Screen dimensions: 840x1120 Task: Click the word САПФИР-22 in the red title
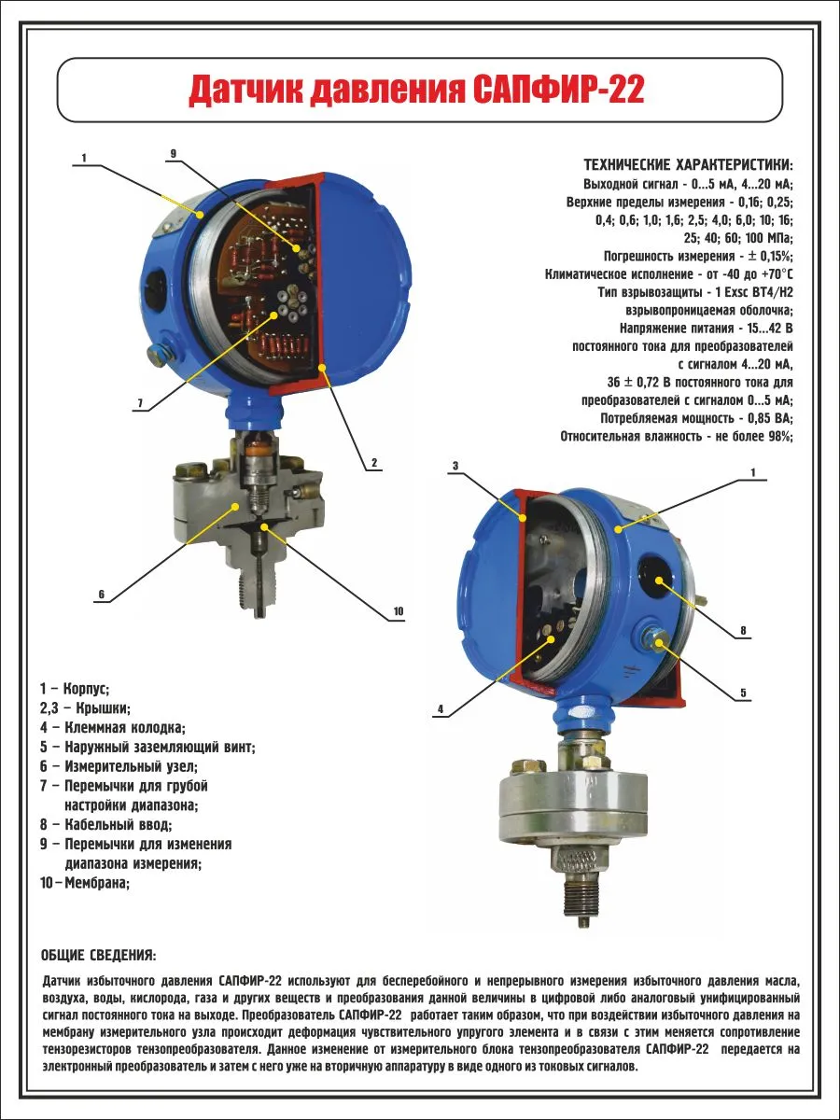[x=558, y=91]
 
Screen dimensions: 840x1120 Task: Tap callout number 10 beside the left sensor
[x=399, y=610]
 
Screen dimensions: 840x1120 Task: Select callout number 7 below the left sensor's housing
[x=140, y=403]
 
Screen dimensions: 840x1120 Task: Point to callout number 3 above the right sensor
[x=455, y=466]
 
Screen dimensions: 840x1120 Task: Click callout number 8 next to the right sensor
[x=743, y=631]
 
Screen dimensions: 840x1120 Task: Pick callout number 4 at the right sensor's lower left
[x=441, y=708]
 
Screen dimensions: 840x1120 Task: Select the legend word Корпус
[x=86, y=689]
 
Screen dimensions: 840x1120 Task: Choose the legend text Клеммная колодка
[x=125, y=728]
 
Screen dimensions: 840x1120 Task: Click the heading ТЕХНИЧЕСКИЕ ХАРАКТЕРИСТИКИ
[x=689, y=165]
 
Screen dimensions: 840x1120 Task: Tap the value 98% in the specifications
[x=780, y=436]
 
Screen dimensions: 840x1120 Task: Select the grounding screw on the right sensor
[x=656, y=638]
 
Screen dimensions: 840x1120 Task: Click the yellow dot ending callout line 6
[x=235, y=506]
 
